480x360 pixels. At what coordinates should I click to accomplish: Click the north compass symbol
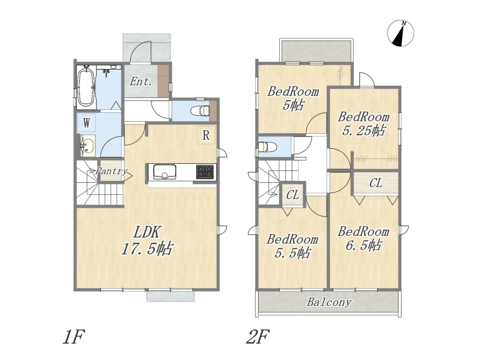pyautogui.click(x=400, y=34)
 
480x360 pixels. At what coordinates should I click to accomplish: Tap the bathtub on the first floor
pyautogui.click(x=86, y=86)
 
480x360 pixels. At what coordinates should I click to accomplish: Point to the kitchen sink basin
pyautogui.click(x=165, y=172)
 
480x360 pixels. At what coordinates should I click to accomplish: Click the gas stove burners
pyautogui.click(x=205, y=172)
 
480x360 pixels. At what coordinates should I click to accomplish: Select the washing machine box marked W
pyautogui.click(x=86, y=123)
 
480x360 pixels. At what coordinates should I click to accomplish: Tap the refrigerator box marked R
pyautogui.click(x=206, y=134)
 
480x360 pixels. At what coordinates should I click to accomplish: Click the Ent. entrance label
pyautogui.click(x=140, y=82)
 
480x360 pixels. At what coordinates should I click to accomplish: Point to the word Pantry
pyautogui.click(x=111, y=171)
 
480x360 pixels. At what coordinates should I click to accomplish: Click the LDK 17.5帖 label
pyautogui.click(x=147, y=240)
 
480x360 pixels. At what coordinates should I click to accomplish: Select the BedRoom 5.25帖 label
pyautogui.click(x=363, y=124)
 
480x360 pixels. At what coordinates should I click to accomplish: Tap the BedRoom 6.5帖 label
pyautogui.click(x=363, y=238)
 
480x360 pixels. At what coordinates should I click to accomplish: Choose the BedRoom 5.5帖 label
pyautogui.click(x=293, y=246)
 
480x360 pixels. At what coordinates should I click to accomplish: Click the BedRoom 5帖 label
pyautogui.click(x=293, y=98)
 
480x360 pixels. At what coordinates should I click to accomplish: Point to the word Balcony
pyautogui.click(x=329, y=302)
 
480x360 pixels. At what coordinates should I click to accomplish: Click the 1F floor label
pyautogui.click(x=73, y=337)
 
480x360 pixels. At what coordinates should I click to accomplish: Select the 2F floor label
pyautogui.click(x=258, y=337)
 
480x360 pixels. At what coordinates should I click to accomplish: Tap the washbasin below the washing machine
pyautogui.click(x=87, y=146)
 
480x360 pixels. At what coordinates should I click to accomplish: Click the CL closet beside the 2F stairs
pyautogui.click(x=293, y=195)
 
